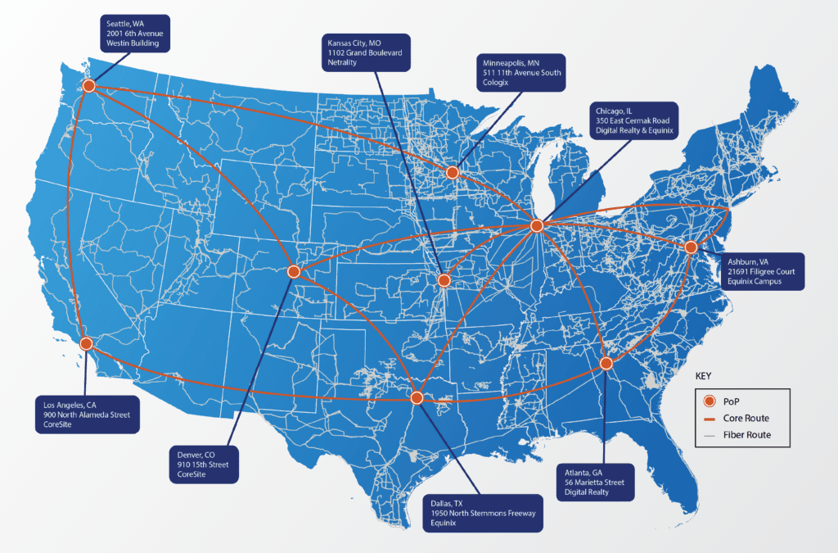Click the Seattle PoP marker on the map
click(88, 85)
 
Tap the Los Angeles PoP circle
click(86, 344)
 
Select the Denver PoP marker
click(295, 271)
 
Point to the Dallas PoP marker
click(417, 397)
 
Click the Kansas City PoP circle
click(444, 280)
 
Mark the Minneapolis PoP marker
click(452, 172)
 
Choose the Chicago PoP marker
click(537, 225)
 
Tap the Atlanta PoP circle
click(606, 363)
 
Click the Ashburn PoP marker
click(691, 247)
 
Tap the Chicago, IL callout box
click(631, 120)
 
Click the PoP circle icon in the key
click(710, 401)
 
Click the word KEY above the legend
click(703, 376)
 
